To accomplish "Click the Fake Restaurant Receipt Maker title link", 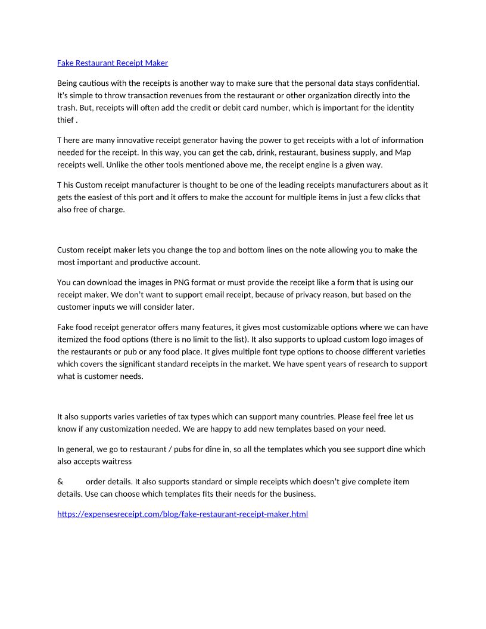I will (113, 63).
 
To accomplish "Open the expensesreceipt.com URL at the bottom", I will (182, 513).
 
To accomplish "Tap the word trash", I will (67, 108).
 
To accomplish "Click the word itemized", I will (73, 339).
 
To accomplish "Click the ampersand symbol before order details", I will (60, 482).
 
